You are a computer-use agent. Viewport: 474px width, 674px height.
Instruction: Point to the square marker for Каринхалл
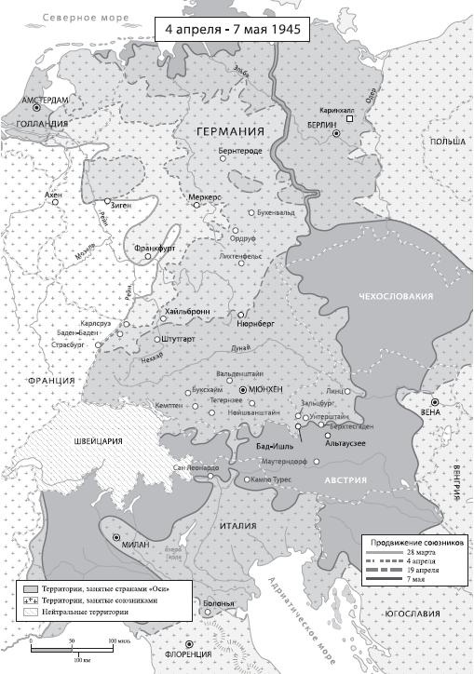coord(350,119)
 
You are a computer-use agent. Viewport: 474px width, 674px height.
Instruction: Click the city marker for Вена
coord(435,402)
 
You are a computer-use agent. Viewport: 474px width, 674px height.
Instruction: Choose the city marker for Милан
coord(116,537)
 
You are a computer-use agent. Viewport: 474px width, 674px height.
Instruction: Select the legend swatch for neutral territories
coord(31,613)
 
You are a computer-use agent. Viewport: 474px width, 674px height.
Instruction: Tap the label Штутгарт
coord(176,340)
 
